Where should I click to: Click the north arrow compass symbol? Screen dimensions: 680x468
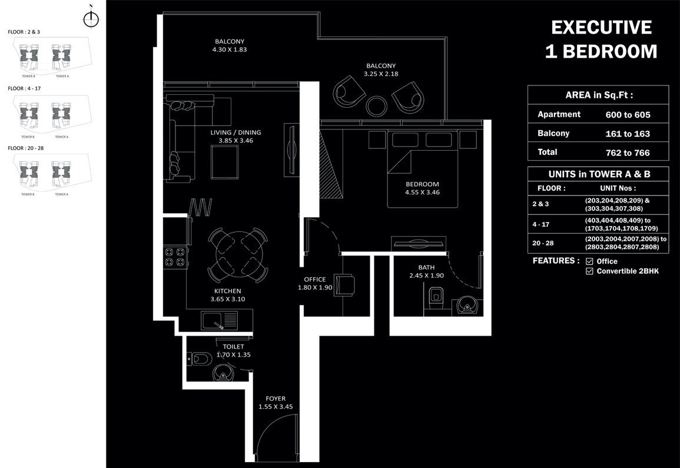tap(91, 19)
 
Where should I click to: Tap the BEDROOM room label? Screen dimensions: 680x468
tap(422, 184)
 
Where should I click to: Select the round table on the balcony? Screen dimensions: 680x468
tap(376, 106)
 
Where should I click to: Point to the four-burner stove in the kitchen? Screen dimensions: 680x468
tap(175, 257)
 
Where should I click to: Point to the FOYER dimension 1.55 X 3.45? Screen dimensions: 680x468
tap(276, 407)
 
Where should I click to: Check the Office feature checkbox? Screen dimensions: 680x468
tap(589, 261)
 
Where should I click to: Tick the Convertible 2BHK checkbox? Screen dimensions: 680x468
tap(589, 271)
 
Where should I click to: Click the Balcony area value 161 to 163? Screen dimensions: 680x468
tap(628, 134)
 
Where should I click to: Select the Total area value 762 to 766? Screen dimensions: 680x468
tap(628, 152)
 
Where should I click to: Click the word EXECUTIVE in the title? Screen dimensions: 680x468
tap(601, 28)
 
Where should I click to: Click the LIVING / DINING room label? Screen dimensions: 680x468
tap(235, 132)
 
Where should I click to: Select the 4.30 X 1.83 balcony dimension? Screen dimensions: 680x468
tap(230, 50)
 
